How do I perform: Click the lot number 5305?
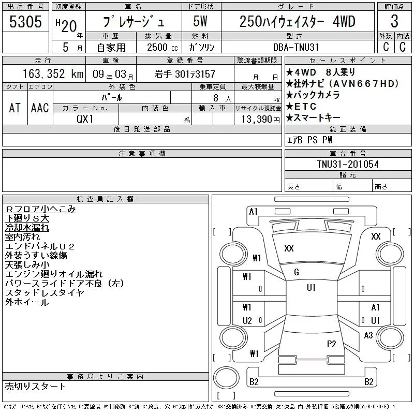pyautogui.click(x=25, y=22)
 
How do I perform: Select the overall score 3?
pyautogui.click(x=394, y=21)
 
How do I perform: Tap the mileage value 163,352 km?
pyautogui.click(x=53, y=74)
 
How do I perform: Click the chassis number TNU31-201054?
pyautogui.click(x=348, y=164)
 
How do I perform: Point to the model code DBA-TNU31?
pyautogui.click(x=295, y=47)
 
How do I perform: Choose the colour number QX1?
pyautogui.click(x=85, y=119)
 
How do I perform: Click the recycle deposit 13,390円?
pyautogui.click(x=260, y=120)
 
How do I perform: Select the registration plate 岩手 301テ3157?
pyautogui.click(x=185, y=74)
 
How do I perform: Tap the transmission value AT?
pyautogui.click(x=14, y=108)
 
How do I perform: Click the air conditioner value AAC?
pyautogui.click(x=40, y=108)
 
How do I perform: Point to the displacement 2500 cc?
pyautogui.click(x=162, y=47)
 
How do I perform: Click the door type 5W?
pyautogui.click(x=200, y=21)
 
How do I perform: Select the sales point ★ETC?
pyautogui.click(x=301, y=107)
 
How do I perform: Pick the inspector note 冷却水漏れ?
pyautogui.click(x=27, y=228)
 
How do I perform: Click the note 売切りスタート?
pyautogui.click(x=35, y=387)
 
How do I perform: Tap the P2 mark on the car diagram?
pyautogui.click(x=331, y=344)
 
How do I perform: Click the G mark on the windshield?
pyautogui.click(x=297, y=272)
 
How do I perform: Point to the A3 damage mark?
pyautogui.click(x=368, y=335)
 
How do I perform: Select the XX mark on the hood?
pyautogui.click(x=289, y=248)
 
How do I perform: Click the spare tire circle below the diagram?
pyautogui.click(x=226, y=377)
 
